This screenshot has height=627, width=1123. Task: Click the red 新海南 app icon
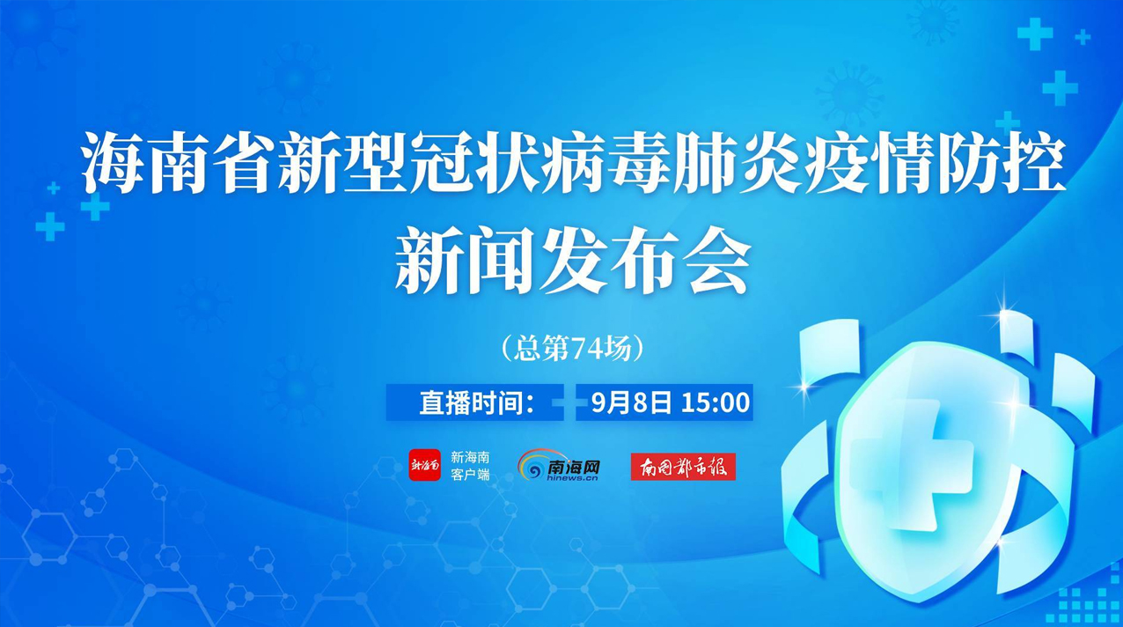pyautogui.click(x=424, y=465)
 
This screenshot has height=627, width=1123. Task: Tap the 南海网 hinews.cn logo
pyautogui.click(x=559, y=465)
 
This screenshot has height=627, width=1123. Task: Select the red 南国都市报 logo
pyautogui.click(x=683, y=467)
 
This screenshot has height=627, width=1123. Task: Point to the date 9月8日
pyautogui.click(x=631, y=402)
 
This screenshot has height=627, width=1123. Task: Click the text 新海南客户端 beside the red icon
pyautogui.click(x=470, y=466)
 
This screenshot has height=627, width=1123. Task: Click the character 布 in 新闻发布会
pyautogui.click(x=646, y=262)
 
